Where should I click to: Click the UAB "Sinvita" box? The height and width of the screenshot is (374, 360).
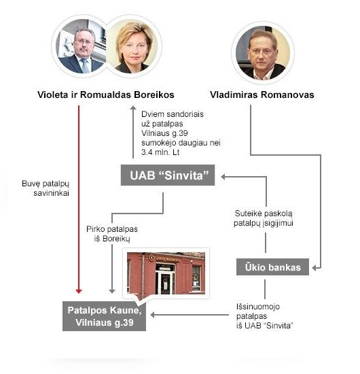(x=168, y=175)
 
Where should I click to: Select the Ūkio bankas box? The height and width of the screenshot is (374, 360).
(x=272, y=267)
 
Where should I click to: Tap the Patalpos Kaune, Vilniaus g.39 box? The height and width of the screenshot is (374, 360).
(x=104, y=316)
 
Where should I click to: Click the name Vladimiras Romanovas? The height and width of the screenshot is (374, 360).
(x=262, y=95)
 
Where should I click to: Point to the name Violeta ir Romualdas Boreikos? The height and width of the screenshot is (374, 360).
(x=106, y=95)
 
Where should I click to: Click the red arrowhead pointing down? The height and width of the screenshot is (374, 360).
(x=79, y=291)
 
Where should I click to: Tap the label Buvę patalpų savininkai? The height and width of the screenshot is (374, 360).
(x=46, y=188)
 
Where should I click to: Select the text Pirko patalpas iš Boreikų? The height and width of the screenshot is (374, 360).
(x=112, y=234)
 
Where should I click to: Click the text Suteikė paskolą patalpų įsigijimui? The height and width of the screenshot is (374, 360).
(x=264, y=218)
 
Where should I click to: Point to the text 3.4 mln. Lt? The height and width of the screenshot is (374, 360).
(x=160, y=152)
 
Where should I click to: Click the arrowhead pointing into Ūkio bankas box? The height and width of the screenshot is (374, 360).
(x=314, y=268)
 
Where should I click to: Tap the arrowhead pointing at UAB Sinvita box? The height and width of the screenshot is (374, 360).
(x=223, y=177)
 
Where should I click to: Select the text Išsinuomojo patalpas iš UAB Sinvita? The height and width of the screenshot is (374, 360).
(x=265, y=316)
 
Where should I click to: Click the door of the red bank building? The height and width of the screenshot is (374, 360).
(x=165, y=283)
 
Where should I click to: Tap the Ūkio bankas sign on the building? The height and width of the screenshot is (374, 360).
(x=164, y=258)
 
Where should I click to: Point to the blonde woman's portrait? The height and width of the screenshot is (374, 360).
(x=132, y=46)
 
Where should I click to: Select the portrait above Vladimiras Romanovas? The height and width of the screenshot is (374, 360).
(x=263, y=53)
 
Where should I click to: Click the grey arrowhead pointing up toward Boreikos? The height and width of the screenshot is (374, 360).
(x=133, y=107)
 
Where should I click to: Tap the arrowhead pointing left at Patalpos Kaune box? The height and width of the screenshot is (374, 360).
(x=153, y=315)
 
